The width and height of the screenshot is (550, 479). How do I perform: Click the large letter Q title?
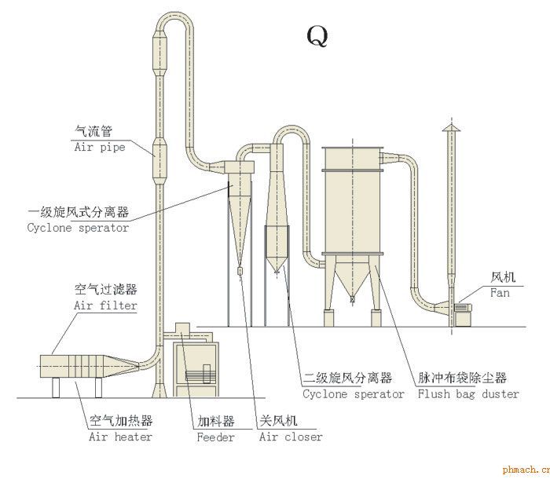point(316,35)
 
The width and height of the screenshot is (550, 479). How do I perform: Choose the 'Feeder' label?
point(215,437)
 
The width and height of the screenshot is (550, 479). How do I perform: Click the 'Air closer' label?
point(291,437)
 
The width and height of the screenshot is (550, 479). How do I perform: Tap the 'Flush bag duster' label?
point(468,394)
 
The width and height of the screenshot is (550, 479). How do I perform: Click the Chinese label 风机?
point(502,278)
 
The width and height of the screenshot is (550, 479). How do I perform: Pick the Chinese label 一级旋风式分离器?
point(78,213)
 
